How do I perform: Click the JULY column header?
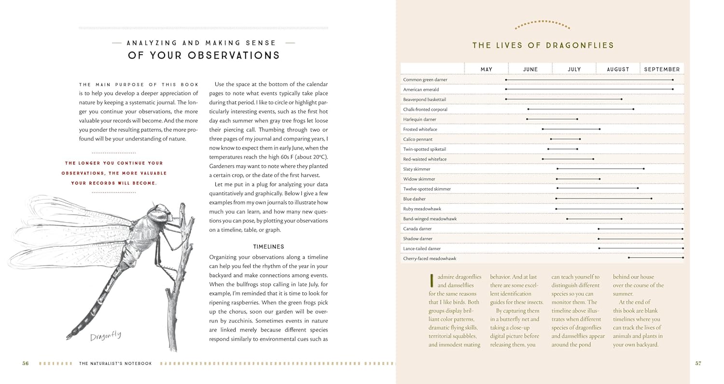(574, 69)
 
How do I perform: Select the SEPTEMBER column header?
(662, 69)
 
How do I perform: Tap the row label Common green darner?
(425, 79)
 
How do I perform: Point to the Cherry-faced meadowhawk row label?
(430, 259)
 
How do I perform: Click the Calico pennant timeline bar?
(565, 139)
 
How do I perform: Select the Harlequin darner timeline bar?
(552, 119)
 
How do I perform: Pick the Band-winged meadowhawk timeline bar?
(594, 219)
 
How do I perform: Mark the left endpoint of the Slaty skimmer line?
(557, 169)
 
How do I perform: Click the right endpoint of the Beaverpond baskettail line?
(621, 99)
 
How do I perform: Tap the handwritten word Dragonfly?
(105, 336)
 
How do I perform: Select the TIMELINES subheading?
(268, 247)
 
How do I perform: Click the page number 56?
(26, 363)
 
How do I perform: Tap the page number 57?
(698, 363)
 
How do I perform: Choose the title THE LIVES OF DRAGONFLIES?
(543, 46)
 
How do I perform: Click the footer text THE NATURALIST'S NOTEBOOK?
(115, 363)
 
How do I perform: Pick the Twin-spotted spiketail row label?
(425, 149)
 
